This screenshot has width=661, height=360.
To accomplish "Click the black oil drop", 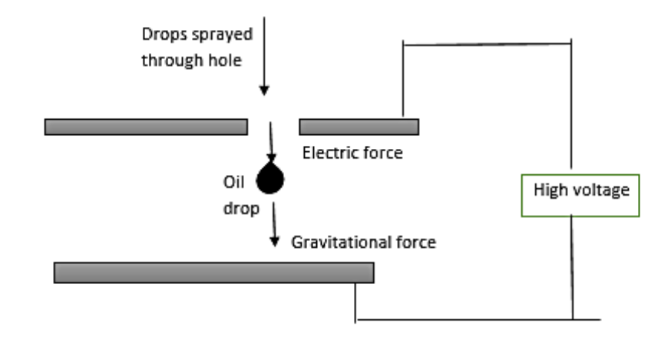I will tap(270, 179).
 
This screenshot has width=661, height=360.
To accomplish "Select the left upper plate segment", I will tap(146, 127).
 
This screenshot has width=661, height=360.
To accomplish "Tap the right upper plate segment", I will tap(359, 127).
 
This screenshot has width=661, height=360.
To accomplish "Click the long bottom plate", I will tap(213, 272).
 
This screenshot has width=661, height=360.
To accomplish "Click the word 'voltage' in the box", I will tap(606, 190).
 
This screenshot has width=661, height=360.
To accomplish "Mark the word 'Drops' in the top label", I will tap(160, 35).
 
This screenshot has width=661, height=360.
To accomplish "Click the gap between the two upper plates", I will tap(273, 127).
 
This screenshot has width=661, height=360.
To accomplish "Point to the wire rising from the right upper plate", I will tap(404, 81).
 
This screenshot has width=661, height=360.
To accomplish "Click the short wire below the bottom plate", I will tap(355, 302).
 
